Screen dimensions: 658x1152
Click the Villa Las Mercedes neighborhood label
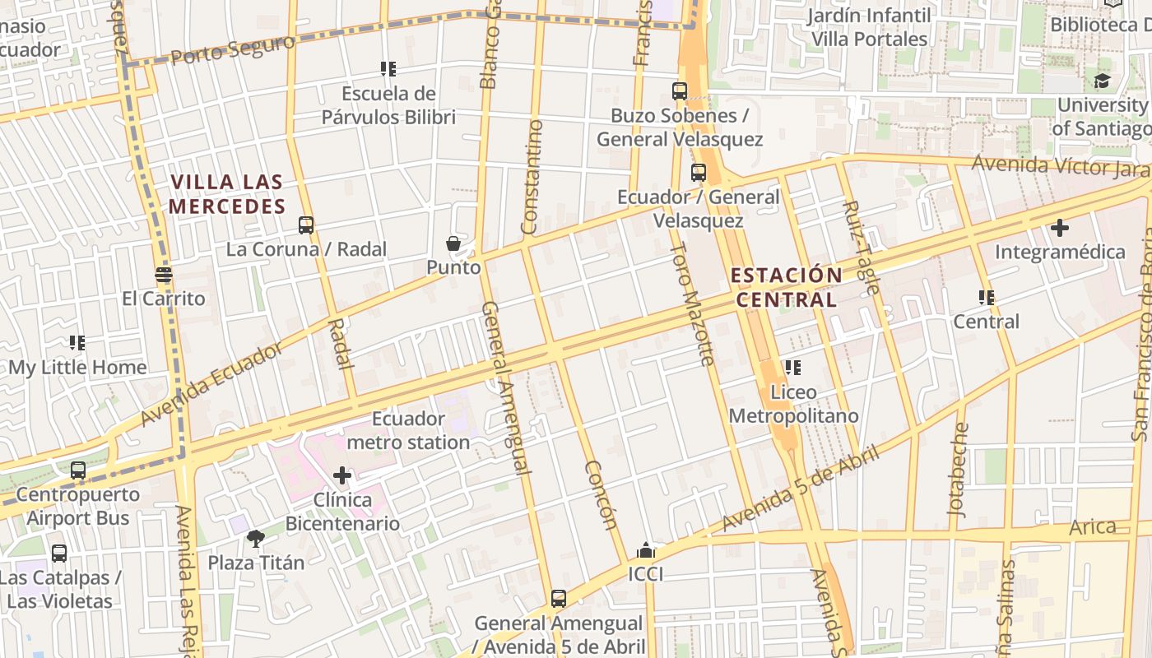point(227,194)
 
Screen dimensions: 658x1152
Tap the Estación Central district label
point(787,287)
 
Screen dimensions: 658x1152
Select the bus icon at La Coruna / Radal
point(306,225)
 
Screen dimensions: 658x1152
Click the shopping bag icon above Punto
point(453,243)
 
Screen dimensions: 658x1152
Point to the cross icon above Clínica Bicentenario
point(342,475)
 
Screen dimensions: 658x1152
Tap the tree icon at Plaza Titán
point(255,539)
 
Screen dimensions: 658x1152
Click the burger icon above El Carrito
point(164,275)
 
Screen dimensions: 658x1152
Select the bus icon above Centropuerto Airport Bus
point(78,470)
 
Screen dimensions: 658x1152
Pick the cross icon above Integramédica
point(1060,228)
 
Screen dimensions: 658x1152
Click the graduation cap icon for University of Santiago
point(1101,81)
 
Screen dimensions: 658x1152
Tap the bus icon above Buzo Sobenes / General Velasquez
point(680,91)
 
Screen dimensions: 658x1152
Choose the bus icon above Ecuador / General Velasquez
point(699,173)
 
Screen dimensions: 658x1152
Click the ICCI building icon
point(646,550)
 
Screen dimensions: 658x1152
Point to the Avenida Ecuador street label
point(210,383)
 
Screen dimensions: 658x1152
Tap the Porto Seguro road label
point(233,50)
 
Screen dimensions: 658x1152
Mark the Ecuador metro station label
point(408,430)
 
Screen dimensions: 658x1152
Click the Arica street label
point(1093,526)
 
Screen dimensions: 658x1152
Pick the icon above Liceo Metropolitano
point(793,368)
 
